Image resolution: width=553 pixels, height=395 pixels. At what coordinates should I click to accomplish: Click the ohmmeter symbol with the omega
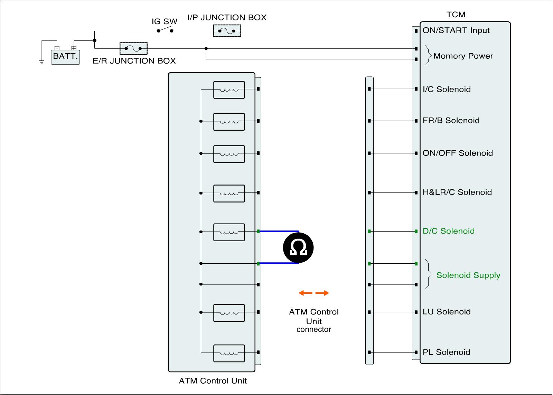tap(298, 248)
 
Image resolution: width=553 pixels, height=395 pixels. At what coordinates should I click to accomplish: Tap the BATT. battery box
tap(65, 57)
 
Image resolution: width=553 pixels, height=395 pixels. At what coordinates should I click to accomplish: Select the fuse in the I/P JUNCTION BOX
tap(227, 31)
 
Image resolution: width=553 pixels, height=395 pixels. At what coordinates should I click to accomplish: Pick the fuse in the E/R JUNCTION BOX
tap(133, 48)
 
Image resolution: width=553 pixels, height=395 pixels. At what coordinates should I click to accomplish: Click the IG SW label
tap(165, 21)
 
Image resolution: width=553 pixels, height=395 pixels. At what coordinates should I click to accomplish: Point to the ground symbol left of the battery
tap(42, 62)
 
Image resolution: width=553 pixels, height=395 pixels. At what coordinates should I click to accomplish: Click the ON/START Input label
tap(456, 30)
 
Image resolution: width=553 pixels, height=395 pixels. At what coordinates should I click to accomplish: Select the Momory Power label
tap(463, 56)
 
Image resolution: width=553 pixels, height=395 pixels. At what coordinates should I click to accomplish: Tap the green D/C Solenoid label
tap(449, 231)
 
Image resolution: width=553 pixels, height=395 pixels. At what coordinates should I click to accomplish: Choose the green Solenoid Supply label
tap(468, 275)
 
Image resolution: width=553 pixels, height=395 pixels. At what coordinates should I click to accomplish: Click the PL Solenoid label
tap(446, 352)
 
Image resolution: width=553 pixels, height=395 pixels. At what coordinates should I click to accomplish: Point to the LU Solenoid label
tap(447, 312)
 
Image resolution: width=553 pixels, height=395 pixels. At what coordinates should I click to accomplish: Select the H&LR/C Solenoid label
tap(457, 192)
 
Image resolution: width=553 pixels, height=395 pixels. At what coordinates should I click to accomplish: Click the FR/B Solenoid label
tap(451, 121)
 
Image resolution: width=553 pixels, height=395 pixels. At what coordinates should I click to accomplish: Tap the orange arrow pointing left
tap(306, 293)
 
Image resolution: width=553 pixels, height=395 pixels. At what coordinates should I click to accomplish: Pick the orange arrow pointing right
tap(322, 293)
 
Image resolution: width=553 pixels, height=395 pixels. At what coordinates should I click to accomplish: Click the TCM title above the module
tap(456, 15)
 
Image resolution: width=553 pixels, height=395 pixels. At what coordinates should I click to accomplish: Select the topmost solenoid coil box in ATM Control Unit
tap(229, 90)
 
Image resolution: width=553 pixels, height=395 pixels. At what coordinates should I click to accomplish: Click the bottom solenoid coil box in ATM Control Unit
tap(229, 353)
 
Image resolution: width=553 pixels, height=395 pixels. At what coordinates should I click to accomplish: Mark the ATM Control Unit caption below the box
tap(213, 381)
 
